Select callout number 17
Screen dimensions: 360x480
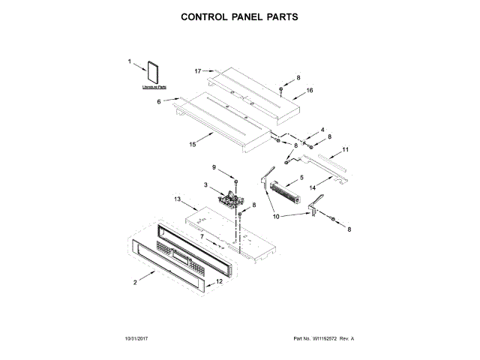pyautogui.click(x=198, y=71)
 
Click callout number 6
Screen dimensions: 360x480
pyautogui.click(x=158, y=100)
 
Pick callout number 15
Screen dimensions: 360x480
pyautogui.click(x=193, y=145)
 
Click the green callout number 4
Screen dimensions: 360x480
pyautogui.click(x=323, y=130)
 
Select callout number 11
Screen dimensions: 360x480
pyautogui.click(x=345, y=150)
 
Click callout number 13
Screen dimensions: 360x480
pyautogui.click(x=178, y=199)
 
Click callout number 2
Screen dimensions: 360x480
pyautogui.click(x=135, y=282)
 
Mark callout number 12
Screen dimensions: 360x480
pyautogui.click(x=219, y=282)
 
